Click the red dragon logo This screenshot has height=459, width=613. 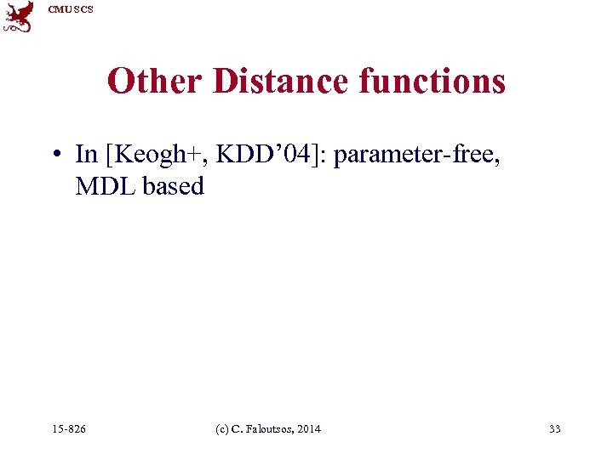tap(18, 16)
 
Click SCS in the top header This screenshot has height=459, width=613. tap(83, 9)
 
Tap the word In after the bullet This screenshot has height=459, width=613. tap(86, 154)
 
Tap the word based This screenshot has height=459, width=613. tap(174, 186)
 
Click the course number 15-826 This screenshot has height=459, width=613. tap(68, 429)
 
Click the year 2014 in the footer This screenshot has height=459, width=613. tap(310, 429)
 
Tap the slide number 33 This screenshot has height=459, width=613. tap(555, 429)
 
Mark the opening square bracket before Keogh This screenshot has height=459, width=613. tap(108, 155)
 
